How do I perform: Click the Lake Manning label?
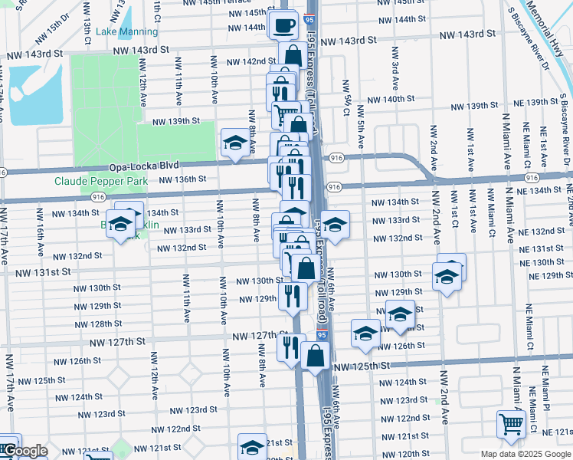[128, 31]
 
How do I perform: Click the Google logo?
[24, 451]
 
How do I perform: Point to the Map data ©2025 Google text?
[526, 454]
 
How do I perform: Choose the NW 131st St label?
[45, 271]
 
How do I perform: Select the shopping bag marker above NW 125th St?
[315, 355]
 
